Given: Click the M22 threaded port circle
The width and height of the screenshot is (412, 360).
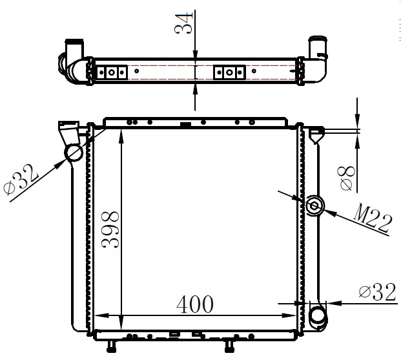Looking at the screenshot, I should pos(315,206).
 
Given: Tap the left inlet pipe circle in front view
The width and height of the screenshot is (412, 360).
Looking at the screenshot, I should pos(73,153).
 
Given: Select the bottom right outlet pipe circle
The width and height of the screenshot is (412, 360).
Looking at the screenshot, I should pos(317,316).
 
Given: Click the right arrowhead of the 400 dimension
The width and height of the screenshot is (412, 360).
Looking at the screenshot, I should pos(292,315).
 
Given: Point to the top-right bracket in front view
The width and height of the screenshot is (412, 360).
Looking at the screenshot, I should pos(316,134).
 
